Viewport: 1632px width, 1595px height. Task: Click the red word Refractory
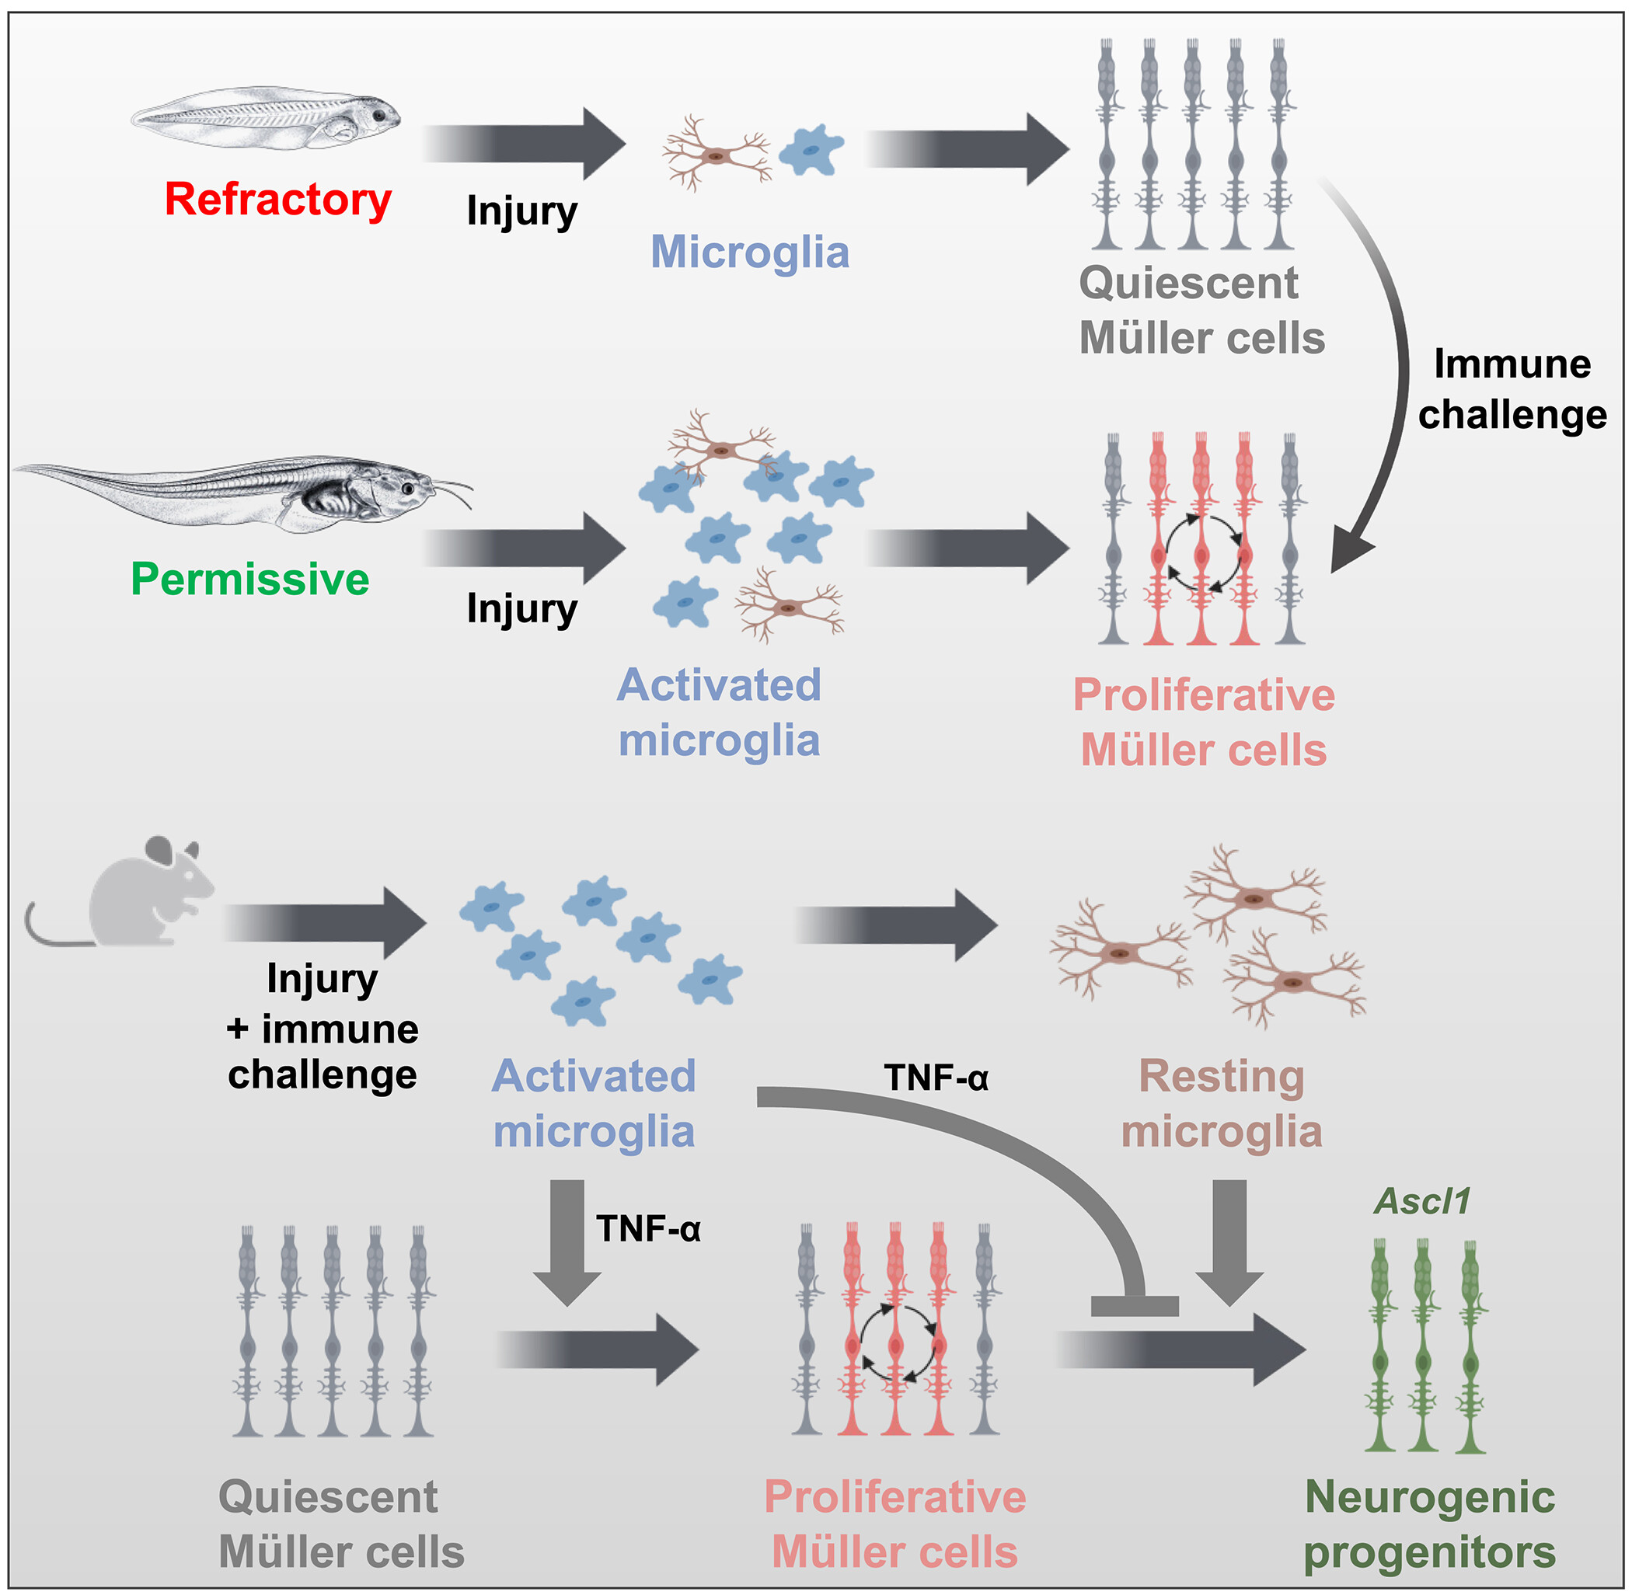[277, 200]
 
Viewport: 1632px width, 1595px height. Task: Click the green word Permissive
[249, 579]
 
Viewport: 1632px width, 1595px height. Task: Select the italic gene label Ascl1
[1421, 1201]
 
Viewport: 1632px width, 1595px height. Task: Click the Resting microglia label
[1222, 1103]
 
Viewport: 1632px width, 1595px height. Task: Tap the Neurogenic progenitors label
[1429, 1524]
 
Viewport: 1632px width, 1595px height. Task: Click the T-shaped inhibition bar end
[1135, 1306]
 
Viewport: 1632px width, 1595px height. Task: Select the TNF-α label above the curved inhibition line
[936, 1078]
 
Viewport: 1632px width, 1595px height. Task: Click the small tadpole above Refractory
[267, 118]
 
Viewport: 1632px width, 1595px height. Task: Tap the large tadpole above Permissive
[243, 494]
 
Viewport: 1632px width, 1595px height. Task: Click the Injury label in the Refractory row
[521, 211]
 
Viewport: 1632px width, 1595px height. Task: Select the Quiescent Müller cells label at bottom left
[341, 1524]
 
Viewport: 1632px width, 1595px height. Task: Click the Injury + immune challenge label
[323, 1026]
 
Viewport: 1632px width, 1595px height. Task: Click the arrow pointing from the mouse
[326, 923]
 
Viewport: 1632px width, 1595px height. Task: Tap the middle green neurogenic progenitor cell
[1422, 1348]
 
